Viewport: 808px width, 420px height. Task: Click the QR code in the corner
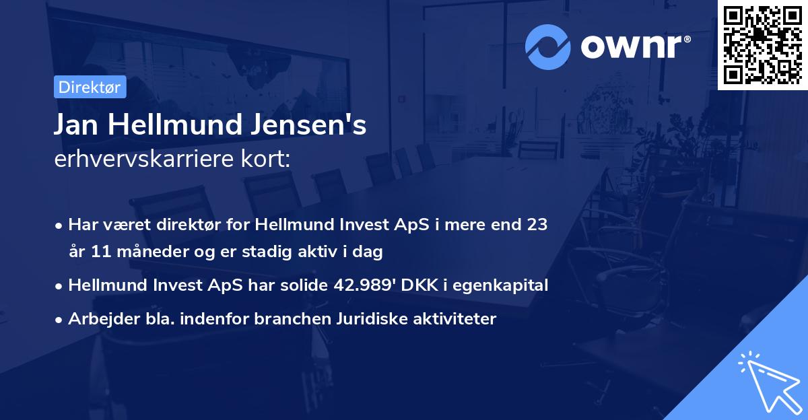[762, 44]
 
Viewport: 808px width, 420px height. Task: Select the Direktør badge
[90, 87]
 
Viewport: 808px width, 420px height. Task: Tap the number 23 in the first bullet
[537, 225]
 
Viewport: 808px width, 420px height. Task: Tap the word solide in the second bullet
[306, 285]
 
